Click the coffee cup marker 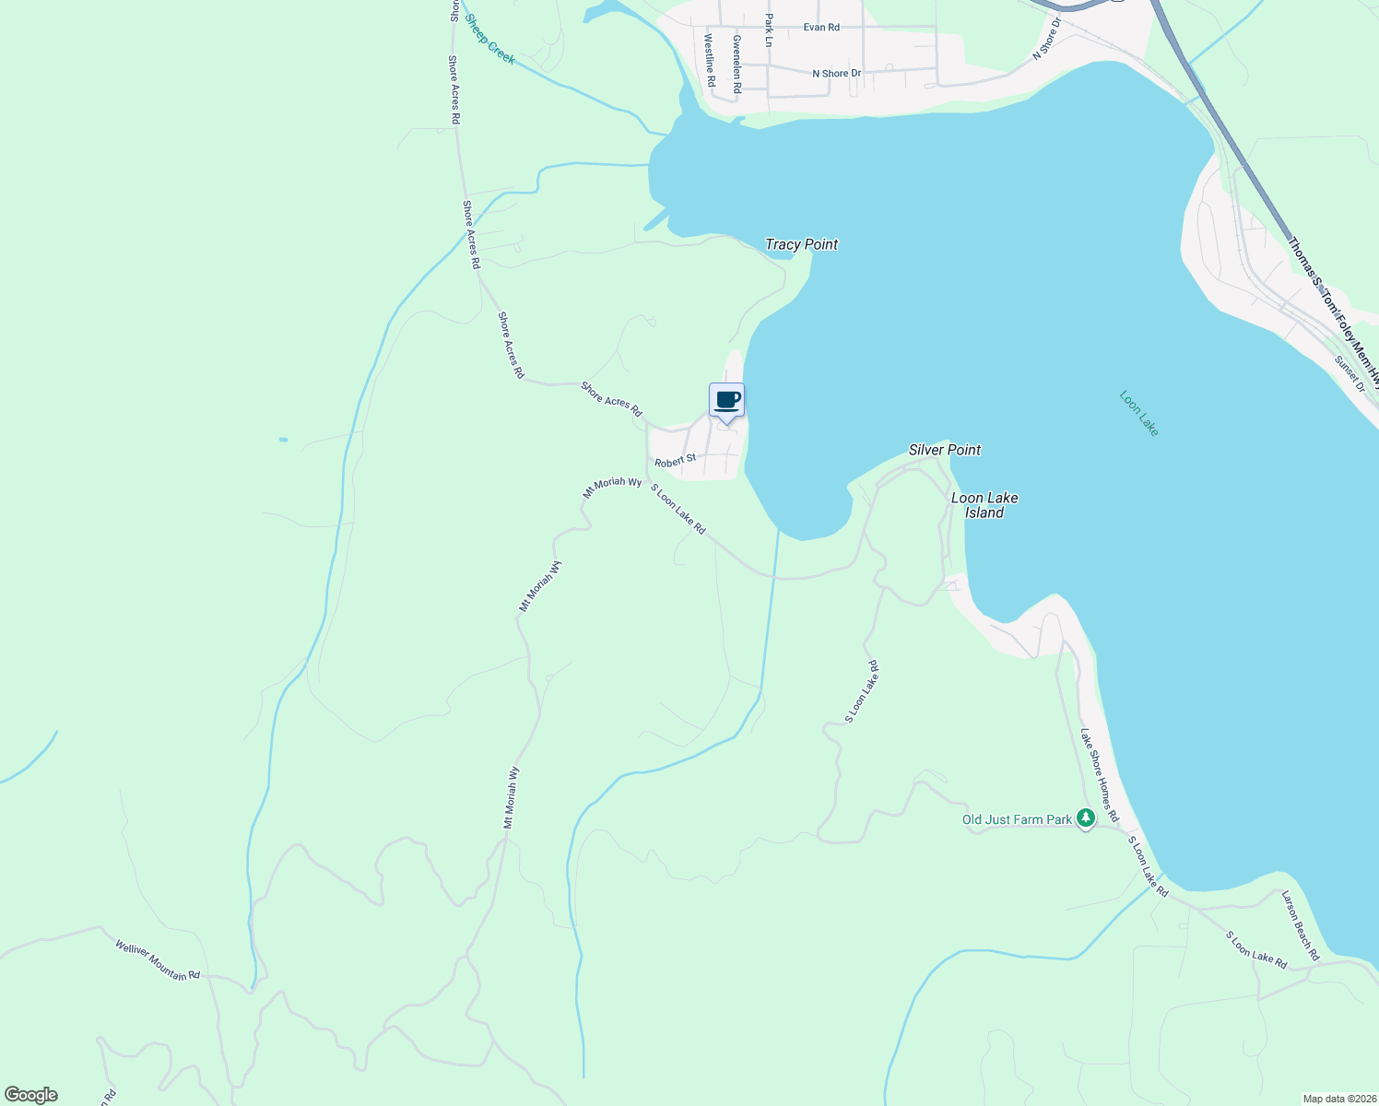click(726, 400)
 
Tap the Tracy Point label click(801, 244)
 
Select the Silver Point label click(944, 450)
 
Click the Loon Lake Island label click(984, 505)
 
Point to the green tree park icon click(1086, 818)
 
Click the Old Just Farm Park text click(1017, 819)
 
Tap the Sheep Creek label click(489, 39)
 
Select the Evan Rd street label click(821, 28)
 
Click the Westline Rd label click(710, 61)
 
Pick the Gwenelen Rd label click(737, 65)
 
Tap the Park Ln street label click(768, 29)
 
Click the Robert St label click(676, 459)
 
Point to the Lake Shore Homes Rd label click(1099, 775)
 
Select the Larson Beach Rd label click(1301, 925)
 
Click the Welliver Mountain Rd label click(158, 960)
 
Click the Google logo click(31, 1095)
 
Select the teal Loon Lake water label click(1138, 413)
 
